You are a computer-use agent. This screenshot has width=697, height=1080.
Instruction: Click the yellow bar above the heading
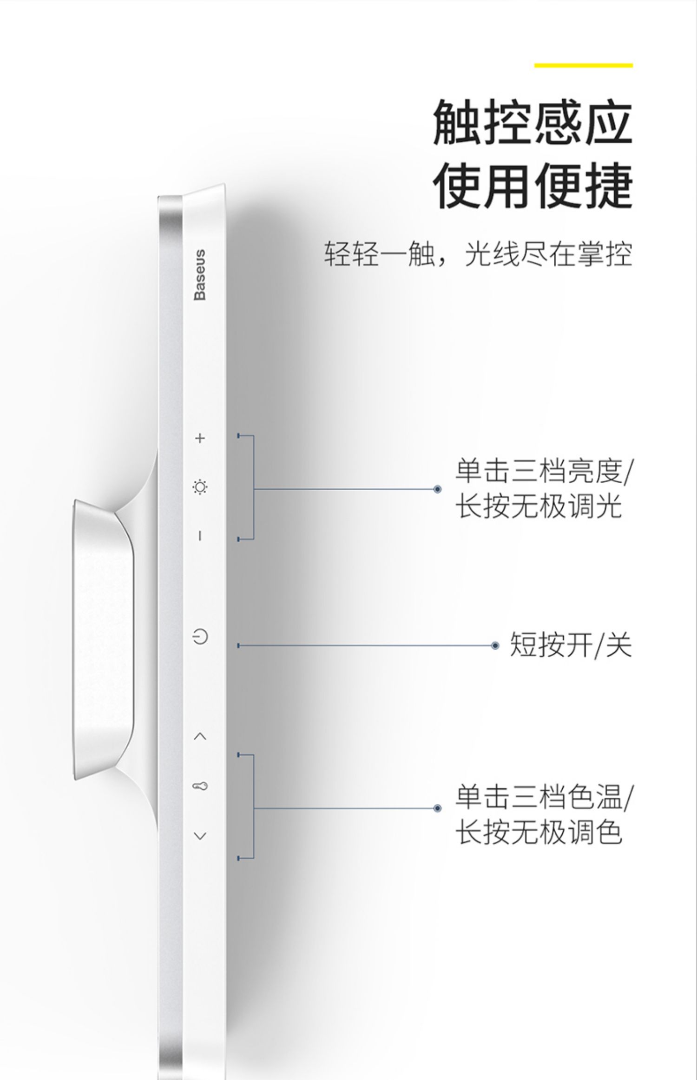[x=583, y=66]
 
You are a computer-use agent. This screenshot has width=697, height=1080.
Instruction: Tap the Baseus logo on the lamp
[x=200, y=275]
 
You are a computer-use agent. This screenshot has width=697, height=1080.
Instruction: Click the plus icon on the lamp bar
[x=200, y=438]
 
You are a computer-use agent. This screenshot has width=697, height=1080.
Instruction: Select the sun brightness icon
[x=200, y=487]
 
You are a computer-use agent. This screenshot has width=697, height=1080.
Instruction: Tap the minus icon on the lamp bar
[x=200, y=536]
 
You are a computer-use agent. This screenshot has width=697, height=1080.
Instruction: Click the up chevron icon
[x=200, y=736]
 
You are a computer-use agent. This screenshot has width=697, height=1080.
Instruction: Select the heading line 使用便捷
[x=533, y=186]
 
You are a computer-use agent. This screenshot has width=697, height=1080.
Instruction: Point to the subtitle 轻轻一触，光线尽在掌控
[x=478, y=254]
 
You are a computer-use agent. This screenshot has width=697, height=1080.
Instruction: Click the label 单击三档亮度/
[x=544, y=471]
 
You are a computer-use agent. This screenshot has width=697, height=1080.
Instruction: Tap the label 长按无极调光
[x=538, y=506]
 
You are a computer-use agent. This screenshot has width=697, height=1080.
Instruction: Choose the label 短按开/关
[x=571, y=645]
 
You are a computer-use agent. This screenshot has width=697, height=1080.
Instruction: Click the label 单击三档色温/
[x=544, y=797]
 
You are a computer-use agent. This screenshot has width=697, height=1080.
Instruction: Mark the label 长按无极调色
[x=538, y=832]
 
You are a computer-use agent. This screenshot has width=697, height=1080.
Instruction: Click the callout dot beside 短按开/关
[x=495, y=646]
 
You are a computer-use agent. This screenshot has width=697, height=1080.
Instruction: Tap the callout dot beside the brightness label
[x=437, y=489]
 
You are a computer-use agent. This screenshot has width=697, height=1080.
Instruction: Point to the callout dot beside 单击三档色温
[x=437, y=808]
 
